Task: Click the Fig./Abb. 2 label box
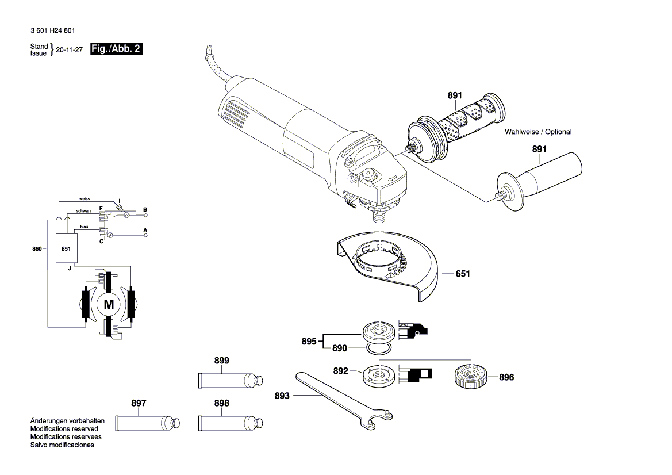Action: [117, 49]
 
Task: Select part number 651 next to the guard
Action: [463, 274]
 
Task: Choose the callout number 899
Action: [221, 361]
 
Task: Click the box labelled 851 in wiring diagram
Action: [66, 249]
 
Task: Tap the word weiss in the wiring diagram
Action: [85, 199]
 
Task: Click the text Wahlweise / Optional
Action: [538, 132]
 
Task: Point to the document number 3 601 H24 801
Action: [51, 31]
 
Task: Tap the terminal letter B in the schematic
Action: [145, 209]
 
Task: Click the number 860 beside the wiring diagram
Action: [37, 249]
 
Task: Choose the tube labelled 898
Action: [230, 423]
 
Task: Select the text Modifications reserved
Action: [64, 429]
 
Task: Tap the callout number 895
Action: [309, 342]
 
